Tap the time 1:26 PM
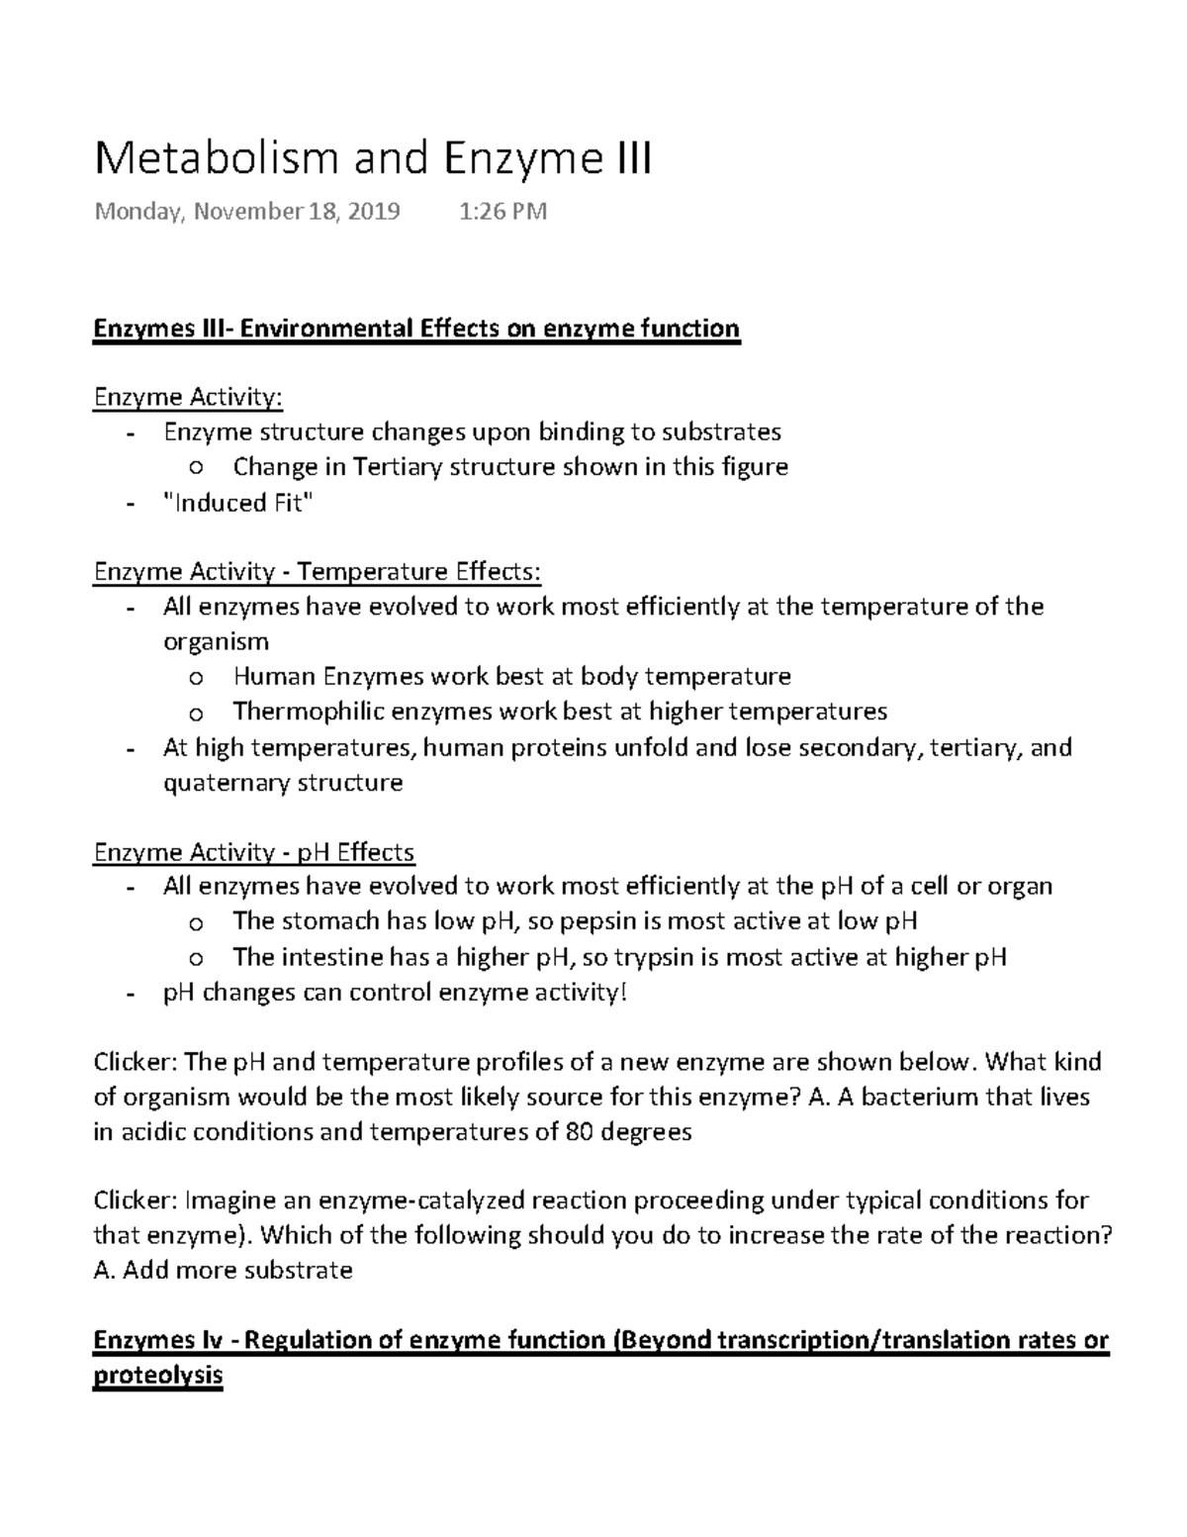pos(502,211)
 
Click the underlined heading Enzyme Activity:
pos(188,397)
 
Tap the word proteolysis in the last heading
pos(157,1376)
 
